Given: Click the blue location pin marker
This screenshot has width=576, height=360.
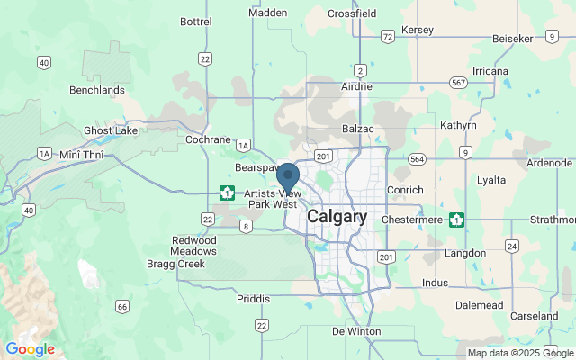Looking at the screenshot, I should click(288, 176).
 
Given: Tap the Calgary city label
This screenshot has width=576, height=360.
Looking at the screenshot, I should click(337, 217).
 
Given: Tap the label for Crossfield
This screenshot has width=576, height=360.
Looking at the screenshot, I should click(352, 13).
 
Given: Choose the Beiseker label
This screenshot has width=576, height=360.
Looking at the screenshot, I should click(514, 39).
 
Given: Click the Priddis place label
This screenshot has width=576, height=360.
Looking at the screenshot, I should click(253, 298).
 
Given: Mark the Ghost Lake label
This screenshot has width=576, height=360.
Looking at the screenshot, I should click(112, 130).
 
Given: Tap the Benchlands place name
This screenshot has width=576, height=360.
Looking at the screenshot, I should click(97, 90).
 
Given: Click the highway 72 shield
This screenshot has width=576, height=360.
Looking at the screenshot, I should click(388, 37).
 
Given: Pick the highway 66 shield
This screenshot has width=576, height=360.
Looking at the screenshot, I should click(122, 307).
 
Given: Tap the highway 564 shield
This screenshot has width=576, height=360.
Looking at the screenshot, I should click(416, 158).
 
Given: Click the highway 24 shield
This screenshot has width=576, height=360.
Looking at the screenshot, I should click(512, 246).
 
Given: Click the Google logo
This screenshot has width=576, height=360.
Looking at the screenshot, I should click(30, 348).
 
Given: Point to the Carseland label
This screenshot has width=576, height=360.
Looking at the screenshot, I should click(535, 316).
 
